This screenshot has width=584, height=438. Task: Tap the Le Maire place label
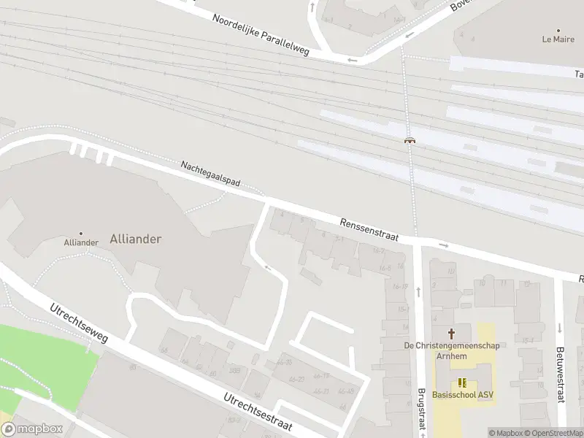click(558, 39)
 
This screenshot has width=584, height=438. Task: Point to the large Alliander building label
click(135, 239)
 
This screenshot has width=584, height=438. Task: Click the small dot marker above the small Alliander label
click(81, 234)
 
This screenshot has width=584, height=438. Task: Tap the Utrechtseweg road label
click(79, 324)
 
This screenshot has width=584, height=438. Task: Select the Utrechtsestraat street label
click(258, 412)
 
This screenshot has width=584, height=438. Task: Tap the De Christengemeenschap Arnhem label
click(453, 350)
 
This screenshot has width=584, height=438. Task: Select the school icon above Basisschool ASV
click(462, 382)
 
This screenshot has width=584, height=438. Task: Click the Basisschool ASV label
click(462, 395)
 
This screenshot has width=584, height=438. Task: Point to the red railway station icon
click(410, 140)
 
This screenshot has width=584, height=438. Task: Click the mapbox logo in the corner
click(32, 429)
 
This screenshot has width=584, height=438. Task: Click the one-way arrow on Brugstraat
click(419, 291)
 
